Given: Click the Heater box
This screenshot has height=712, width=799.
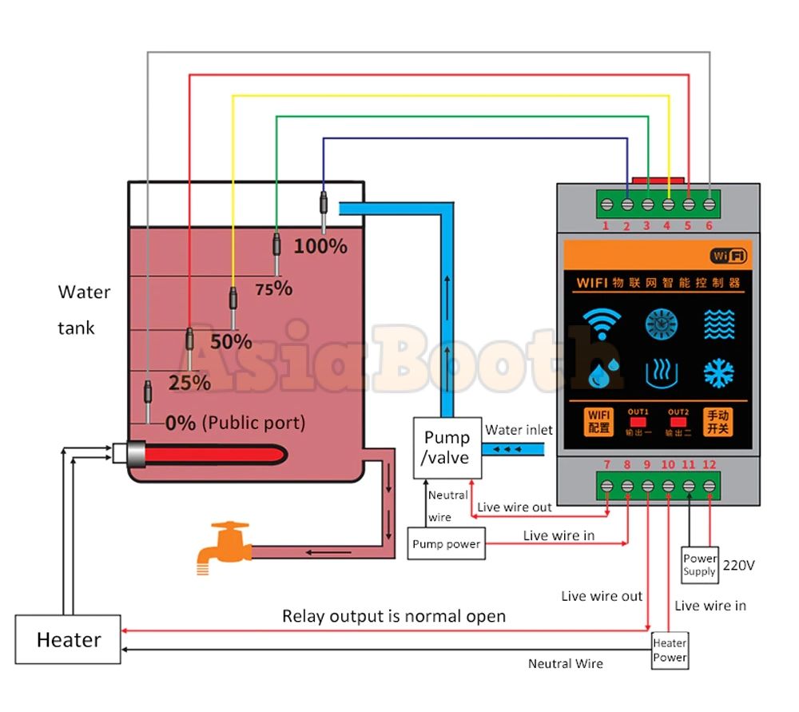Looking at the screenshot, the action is (x=68, y=639).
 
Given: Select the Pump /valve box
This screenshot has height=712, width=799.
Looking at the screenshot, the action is (x=447, y=448).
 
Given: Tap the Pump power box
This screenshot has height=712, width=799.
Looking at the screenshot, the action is (x=446, y=544).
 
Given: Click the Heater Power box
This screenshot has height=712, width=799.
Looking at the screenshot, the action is (x=670, y=650).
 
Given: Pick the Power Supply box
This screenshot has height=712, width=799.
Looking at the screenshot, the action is (x=699, y=565).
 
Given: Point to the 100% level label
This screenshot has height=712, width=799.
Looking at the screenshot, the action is (x=320, y=246).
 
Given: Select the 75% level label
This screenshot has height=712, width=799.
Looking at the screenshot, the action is (x=273, y=288).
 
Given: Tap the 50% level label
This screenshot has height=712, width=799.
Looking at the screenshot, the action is (x=231, y=341).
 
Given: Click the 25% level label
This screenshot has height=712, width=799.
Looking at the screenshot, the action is (x=189, y=383).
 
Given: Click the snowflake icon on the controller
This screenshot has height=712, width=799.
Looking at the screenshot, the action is (x=718, y=373).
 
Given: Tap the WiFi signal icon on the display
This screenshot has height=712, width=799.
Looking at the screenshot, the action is (x=602, y=323).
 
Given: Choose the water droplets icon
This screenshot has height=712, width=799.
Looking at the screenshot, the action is (x=603, y=373).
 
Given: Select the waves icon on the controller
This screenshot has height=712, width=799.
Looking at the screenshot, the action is (x=719, y=324).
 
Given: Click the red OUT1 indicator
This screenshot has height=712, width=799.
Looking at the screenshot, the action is (x=638, y=422).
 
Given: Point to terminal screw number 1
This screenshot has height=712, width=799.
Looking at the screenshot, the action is (x=606, y=205).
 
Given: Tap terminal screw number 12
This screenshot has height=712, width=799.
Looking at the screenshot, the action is (x=710, y=486).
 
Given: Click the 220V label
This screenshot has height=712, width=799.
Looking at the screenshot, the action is (x=738, y=565).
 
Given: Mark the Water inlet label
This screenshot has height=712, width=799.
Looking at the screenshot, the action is (x=519, y=430).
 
